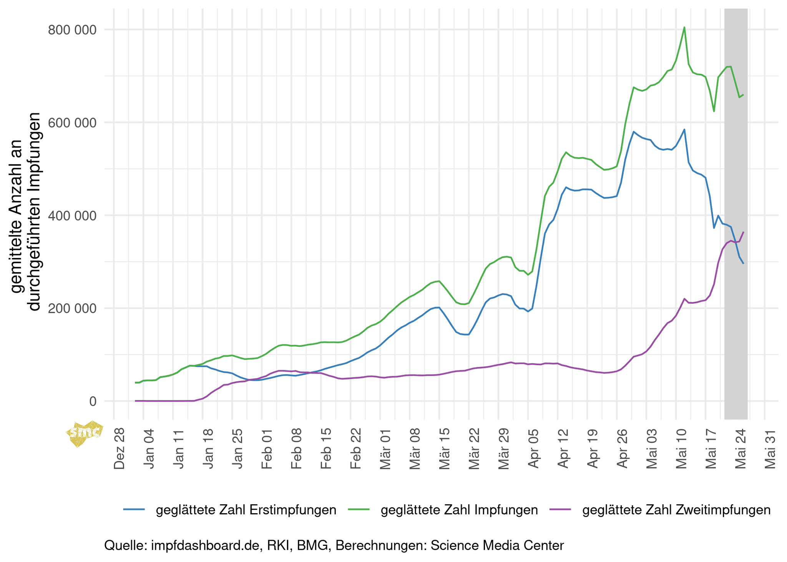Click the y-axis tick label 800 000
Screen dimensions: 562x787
pyautogui.click(x=72, y=30)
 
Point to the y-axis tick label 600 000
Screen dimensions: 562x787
pyautogui.click(x=72, y=123)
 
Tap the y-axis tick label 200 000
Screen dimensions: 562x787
pyautogui.click(x=72, y=308)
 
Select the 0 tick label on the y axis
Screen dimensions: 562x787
pyautogui.click(x=93, y=401)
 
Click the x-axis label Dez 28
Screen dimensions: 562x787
pyautogui.click(x=120, y=448)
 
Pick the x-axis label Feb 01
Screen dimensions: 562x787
pyautogui.click(x=267, y=448)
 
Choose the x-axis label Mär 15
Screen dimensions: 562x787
pyautogui.click(x=444, y=448)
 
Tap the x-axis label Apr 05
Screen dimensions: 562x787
pyautogui.click(x=533, y=448)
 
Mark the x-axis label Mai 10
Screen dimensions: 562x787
pyautogui.click(x=681, y=448)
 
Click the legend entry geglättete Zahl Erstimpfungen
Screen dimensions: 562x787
pyautogui.click(x=246, y=510)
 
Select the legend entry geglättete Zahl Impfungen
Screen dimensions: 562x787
pyautogui.click(x=459, y=510)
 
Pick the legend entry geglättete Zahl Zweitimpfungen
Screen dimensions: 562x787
pyautogui.click(x=676, y=510)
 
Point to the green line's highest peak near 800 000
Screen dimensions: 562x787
pyautogui.click(x=684, y=27)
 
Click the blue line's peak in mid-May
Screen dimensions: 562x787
pyautogui.click(x=684, y=130)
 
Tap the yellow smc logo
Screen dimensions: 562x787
pyautogui.click(x=85, y=433)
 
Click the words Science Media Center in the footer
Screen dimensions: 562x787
pyautogui.click(x=497, y=545)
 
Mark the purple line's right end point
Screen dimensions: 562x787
pyautogui.click(x=744, y=232)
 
